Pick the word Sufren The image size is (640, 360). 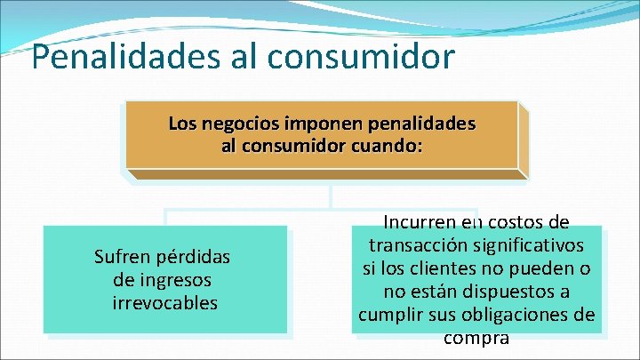[123, 258]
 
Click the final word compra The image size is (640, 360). [476, 338]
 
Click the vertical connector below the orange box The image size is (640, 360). [330, 196]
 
